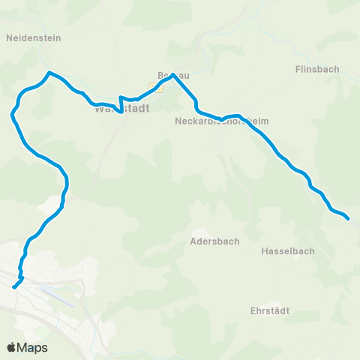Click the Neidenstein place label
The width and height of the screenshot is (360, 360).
(34, 37)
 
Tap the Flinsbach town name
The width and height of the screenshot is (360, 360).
(318, 69)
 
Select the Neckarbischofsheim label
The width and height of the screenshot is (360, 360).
(221, 121)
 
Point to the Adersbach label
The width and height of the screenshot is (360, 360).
(214, 241)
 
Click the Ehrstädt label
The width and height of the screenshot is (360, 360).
(271, 310)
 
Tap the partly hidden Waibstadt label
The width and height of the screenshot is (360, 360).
(122, 109)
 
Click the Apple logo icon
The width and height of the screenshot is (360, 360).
(12, 347)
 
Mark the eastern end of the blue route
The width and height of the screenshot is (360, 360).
(349, 219)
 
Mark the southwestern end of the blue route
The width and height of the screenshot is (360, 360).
(14, 286)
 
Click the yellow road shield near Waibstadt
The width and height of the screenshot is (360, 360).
(156, 88)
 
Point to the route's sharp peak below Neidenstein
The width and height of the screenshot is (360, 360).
(49, 73)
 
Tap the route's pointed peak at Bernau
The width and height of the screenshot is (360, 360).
(173, 74)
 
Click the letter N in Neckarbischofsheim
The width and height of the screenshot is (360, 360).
(178, 121)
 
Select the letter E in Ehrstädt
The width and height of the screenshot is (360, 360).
(253, 310)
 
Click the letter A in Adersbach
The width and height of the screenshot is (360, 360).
(193, 241)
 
